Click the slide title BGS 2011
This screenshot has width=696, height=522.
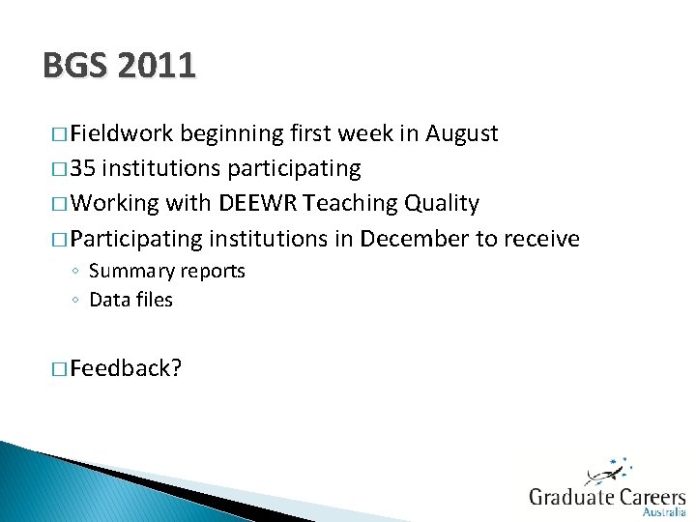coord(119,66)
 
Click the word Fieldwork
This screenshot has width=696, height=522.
coord(122,133)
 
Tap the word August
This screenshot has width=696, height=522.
coord(463,133)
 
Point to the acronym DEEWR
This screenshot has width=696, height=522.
coord(258,203)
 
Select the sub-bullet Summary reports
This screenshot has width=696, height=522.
coord(167,271)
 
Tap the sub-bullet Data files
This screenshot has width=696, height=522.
coord(130,300)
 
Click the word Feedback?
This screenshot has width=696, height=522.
coord(126,367)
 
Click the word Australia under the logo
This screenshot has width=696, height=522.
coord(664,513)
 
